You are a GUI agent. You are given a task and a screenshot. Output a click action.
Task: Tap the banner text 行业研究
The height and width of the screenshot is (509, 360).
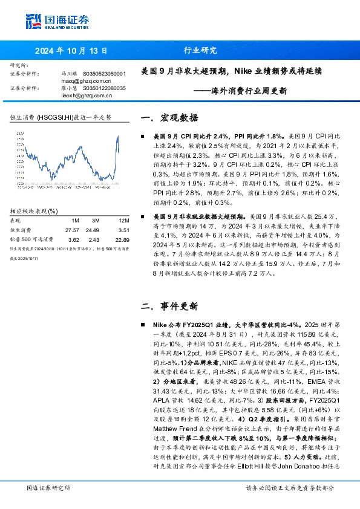[x=199, y=51]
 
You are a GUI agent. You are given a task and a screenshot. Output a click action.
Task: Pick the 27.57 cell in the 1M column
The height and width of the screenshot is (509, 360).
[x=72, y=230]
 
